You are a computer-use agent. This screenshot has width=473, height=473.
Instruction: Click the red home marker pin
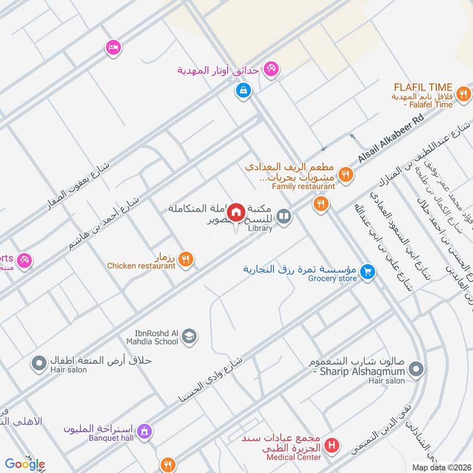coord(237,212)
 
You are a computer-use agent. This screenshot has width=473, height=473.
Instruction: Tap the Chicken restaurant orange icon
coord(186,258)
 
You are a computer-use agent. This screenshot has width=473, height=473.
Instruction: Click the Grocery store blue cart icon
coord(368,271)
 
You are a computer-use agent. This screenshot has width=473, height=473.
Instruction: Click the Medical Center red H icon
coord(333,444)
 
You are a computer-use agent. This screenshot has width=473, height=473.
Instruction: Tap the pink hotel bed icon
coord(112,47)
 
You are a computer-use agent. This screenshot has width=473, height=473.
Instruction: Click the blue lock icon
coord(242,90)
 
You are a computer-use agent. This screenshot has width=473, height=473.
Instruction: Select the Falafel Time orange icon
coord(464,93)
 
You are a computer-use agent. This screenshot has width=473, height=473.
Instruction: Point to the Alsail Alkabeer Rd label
coord(392,140)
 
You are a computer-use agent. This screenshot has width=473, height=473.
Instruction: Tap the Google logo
coord(25,464)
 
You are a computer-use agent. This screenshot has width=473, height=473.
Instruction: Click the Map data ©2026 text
coord(440,468)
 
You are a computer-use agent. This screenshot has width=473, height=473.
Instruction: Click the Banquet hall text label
coord(104,439)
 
